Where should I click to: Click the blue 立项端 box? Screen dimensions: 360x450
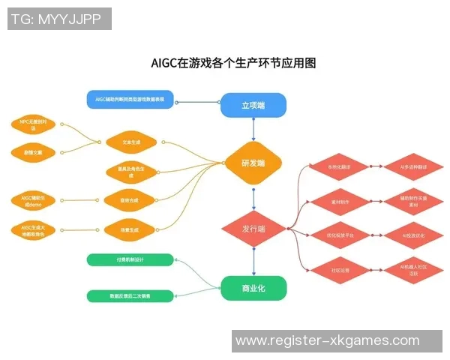coord(253,106)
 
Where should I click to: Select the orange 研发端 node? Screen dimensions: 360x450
coord(253,163)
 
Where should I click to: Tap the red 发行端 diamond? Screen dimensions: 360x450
coord(253,228)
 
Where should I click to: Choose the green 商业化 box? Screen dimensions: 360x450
coord(253,288)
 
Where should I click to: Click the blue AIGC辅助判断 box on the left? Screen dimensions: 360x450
coord(130,99)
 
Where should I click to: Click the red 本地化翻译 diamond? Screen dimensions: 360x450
coord(329,167)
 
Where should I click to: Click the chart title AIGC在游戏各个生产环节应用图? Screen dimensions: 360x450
coord(233,63)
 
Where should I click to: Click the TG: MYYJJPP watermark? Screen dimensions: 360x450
coord(58,19)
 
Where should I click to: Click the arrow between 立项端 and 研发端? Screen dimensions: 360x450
coord(253,130)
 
